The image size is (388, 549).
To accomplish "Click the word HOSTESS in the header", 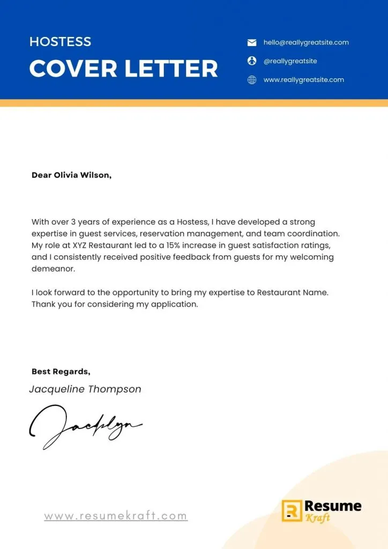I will tap(60, 42).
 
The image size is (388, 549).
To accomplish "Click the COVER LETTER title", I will tap(123, 69).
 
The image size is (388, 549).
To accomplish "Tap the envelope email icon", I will tap(252, 42).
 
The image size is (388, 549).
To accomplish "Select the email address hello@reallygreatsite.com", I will tap(306, 42).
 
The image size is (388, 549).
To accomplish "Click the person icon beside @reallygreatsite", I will tap(252, 61).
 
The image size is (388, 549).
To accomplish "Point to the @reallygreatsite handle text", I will tap(290, 61).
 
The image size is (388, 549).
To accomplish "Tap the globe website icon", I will tap(252, 80).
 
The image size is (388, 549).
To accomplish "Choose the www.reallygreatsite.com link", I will tap(303, 80).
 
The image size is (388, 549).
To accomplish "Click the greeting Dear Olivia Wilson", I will tap(71, 175).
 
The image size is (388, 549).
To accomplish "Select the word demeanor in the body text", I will tap(53, 269).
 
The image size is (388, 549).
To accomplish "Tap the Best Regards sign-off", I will tap(61, 371).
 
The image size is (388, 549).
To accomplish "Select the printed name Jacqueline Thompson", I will tap(85, 389).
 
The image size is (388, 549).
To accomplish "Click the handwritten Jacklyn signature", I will tap(86, 426).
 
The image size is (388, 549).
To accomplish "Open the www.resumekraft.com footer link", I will tap(116, 516).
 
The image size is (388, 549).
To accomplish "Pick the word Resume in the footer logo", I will tap(332, 506).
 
